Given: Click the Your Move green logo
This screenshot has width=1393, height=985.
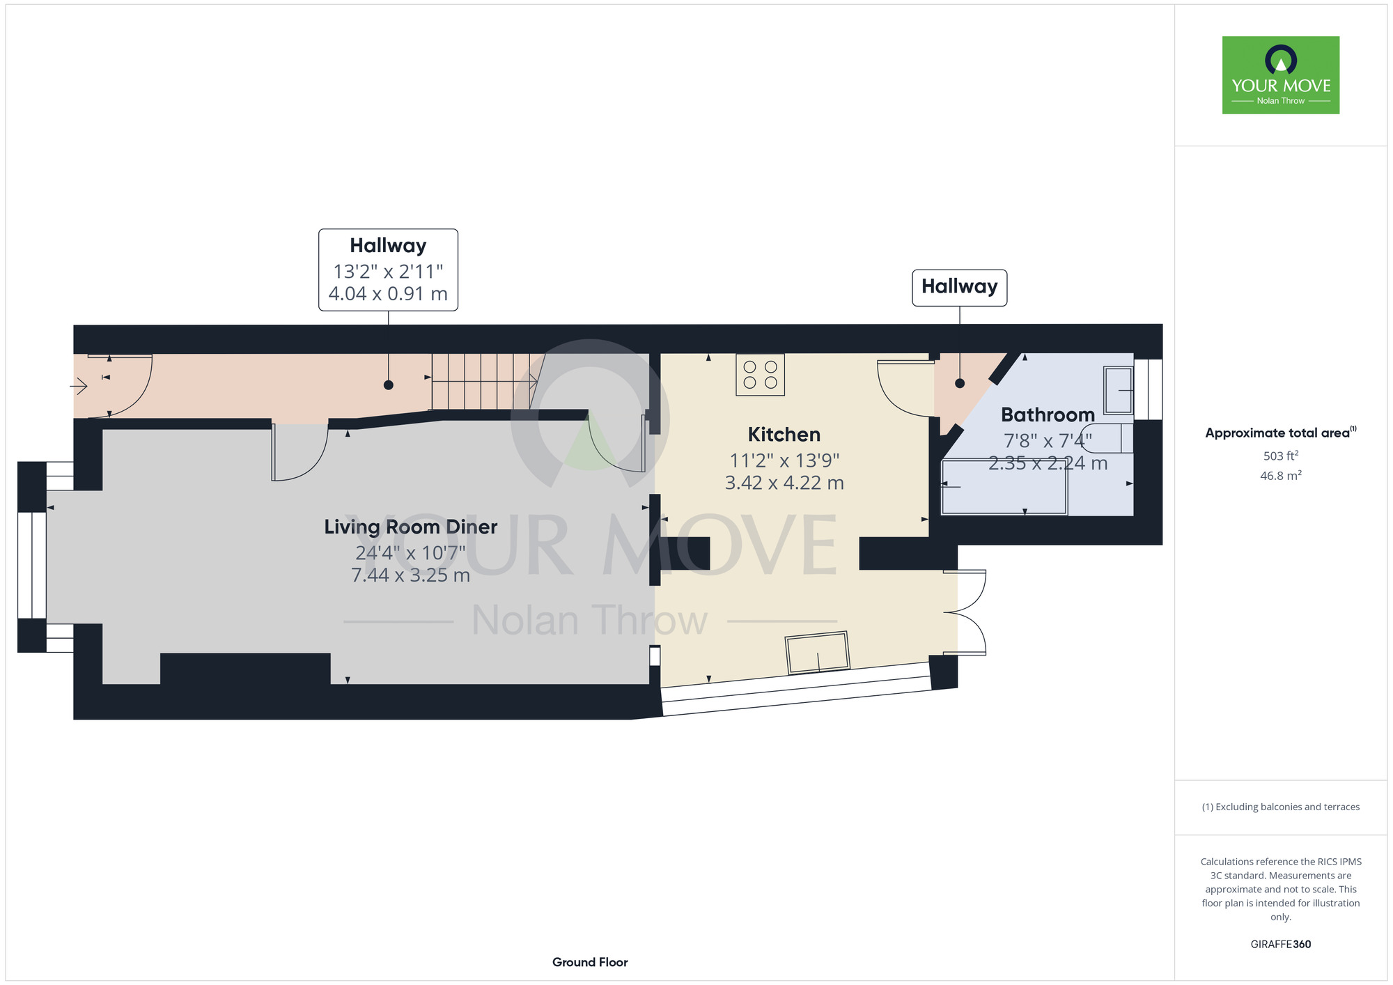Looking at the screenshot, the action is pyautogui.click(x=1280, y=75).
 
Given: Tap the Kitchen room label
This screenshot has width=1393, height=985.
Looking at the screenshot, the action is pyautogui.click(x=784, y=435).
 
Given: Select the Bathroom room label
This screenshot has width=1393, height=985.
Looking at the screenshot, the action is pyautogui.click(x=1048, y=415).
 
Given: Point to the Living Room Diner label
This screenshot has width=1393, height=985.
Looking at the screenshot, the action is pyautogui.click(x=410, y=527).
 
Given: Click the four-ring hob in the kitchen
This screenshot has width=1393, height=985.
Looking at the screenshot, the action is pyautogui.click(x=760, y=375).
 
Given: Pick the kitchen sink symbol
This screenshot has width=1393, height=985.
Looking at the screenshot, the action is pyautogui.click(x=818, y=653).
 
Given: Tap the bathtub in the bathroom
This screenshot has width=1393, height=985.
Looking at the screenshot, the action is pyautogui.click(x=1004, y=487).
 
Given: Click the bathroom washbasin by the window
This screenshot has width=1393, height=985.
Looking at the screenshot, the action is pyautogui.click(x=1118, y=391).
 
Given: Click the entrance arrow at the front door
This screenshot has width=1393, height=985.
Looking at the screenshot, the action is pyautogui.click(x=78, y=385).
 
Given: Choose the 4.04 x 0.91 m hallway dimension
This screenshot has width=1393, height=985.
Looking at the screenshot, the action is pyautogui.click(x=388, y=294).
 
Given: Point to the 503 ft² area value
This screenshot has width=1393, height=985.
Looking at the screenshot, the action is pyautogui.click(x=1280, y=456).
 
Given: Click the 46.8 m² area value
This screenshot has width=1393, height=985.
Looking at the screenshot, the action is pyautogui.click(x=1280, y=476).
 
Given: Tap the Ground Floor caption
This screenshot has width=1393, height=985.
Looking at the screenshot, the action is pyautogui.click(x=590, y=962).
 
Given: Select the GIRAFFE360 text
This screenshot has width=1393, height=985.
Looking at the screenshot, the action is pyautogui.click(x=1280, y=945).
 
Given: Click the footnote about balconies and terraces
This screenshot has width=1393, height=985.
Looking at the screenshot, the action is pyautogui.click(x=1280, y=807).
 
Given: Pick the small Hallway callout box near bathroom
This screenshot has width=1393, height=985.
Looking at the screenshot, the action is pyautogui.click(x=959, y=287).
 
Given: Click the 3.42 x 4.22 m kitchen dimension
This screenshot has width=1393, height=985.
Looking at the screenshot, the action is pyautogui.click(x=784, y=483).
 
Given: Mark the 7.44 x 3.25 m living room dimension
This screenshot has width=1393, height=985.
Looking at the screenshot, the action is pyautogui.click(x=410, y=575).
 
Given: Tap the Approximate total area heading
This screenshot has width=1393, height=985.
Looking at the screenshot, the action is pyautogui.click(x=1280, y=433).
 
